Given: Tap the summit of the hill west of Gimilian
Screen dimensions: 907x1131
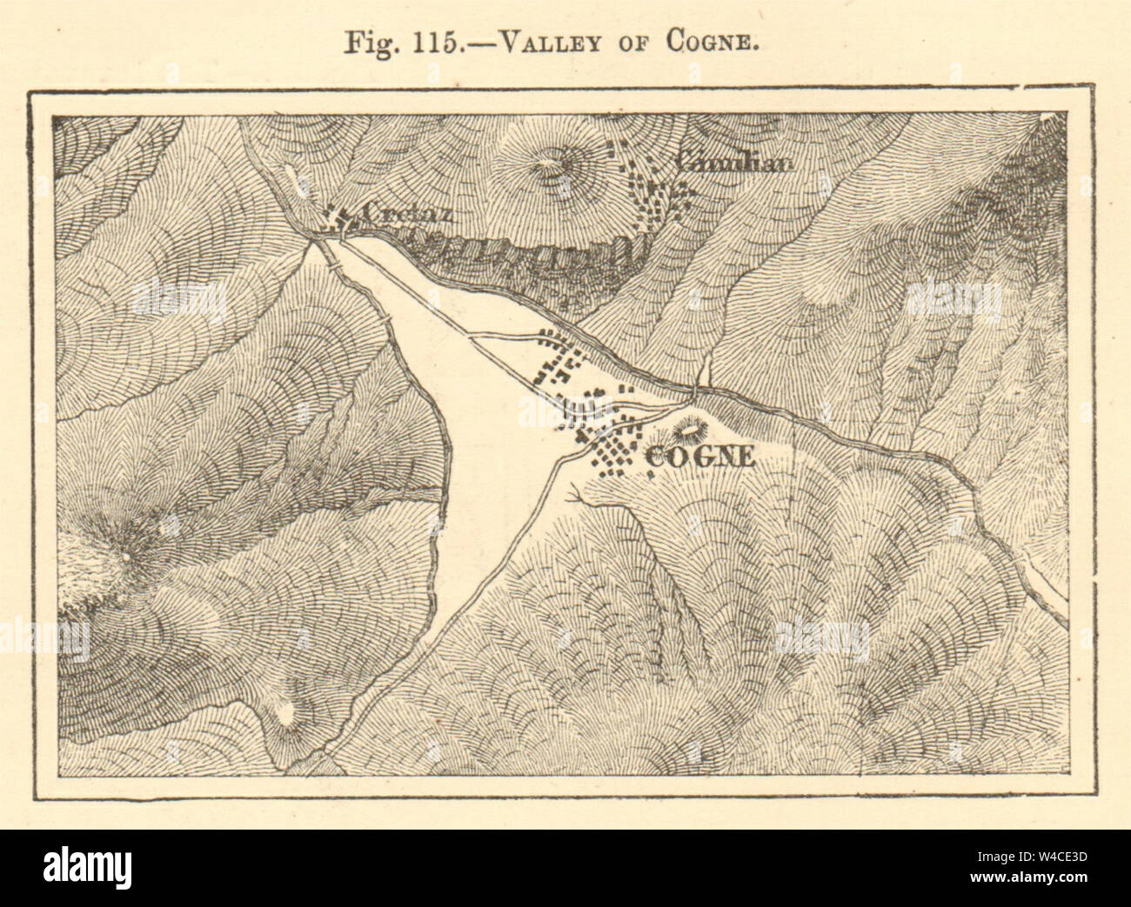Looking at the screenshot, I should pos(550,163).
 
